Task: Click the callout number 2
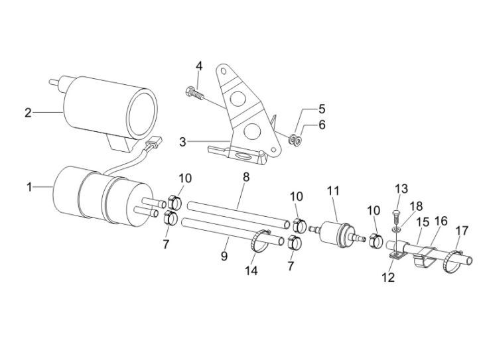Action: click(x=28, y=113)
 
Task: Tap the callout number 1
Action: click(x=29, y=187)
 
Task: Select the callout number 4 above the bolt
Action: click(x=200, y=66)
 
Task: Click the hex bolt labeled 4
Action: click(x=195, y=93)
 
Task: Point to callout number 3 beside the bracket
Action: click(x=183, y=142)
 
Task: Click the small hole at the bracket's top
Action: click(x=224, y=71)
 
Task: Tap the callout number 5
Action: click(x=322, y=109)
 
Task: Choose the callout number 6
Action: click(x=322, y=125)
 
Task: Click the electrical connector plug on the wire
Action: click(x=154, y=143)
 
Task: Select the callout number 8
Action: click(x=246, y=177)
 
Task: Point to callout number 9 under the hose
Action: click(x=224, y=256)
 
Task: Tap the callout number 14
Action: click(x=251, y=270)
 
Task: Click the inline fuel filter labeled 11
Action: click(x=338, y=234)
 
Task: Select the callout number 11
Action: click(x=334, y=191)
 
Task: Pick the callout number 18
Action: click(x=416, y=206)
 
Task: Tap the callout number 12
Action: click(x=388, y=277)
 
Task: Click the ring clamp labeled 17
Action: click(x=452, y=262)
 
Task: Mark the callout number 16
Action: click(x=441, y=221)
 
